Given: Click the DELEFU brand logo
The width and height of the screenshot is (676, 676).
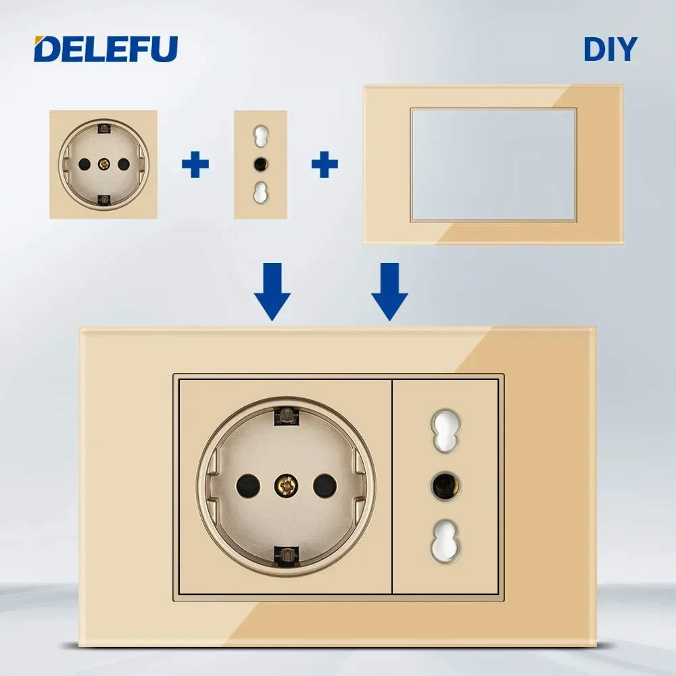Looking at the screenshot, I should click(x=106, y=48).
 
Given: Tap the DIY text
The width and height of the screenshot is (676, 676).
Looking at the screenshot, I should click(x=610, y=49).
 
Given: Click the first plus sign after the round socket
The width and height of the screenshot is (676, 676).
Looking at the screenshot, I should click(x=195, y=164).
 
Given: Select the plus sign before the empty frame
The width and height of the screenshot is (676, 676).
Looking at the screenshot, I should click(x=324, y=164).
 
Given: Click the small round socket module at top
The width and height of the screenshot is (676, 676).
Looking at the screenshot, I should click(x=103, y=164).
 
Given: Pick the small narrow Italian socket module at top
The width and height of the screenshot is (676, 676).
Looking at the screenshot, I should click(x=260, y=164).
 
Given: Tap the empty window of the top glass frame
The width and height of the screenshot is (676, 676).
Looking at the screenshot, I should click(x=493, y=164).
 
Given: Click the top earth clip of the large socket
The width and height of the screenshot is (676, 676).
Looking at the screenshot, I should click(x=287, y=415).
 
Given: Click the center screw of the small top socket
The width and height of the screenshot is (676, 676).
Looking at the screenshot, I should click(x=103, y=164).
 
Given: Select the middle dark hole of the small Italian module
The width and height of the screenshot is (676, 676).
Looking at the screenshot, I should click(x=260, y=164).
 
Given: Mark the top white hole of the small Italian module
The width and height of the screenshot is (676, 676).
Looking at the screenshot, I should click(x=260, y=135).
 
